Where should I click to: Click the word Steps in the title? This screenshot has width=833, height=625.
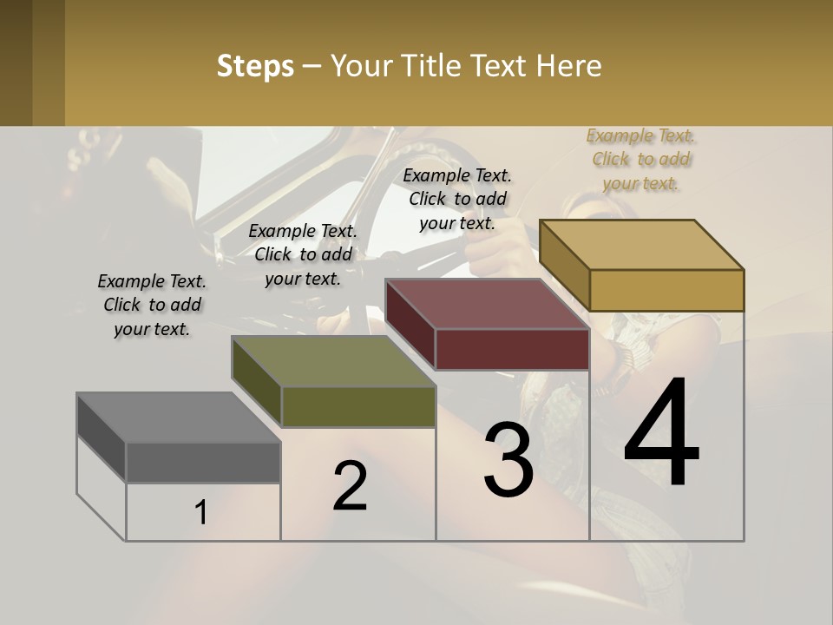pyautogui.click(x=255, y=66)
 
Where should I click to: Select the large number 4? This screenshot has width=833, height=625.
pyautogui.click(x=661, y=434)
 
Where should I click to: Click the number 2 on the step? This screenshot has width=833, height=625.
pyautogui.click(x=350, y=486)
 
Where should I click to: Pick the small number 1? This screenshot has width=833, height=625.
pyautogui.click(x=201, y=513)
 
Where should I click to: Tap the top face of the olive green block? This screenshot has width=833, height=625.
pyautogui.click(x=333, y=361)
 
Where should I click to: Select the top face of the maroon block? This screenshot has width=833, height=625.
pyautogui.click(x=487, y=304)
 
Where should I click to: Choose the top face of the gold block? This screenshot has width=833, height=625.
pyautogui.click(x=641, y=245)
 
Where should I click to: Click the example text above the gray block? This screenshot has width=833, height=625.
pyautogui.click(x=152, y=305)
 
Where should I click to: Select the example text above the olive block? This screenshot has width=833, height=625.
pyautogui.click(x=303, y=254)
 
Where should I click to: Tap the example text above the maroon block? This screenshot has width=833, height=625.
pyautogui.click(x=457, y=199)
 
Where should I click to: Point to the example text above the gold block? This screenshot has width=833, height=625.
pyautogui.click(x=641, y=159)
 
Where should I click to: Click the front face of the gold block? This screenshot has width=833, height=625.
pyautogui.click(x=666, y=290)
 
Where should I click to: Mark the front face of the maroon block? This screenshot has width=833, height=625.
pyautogui.click(x=512, y=349)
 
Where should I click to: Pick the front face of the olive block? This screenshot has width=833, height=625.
pyautogui.click(x=358, y=406)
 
